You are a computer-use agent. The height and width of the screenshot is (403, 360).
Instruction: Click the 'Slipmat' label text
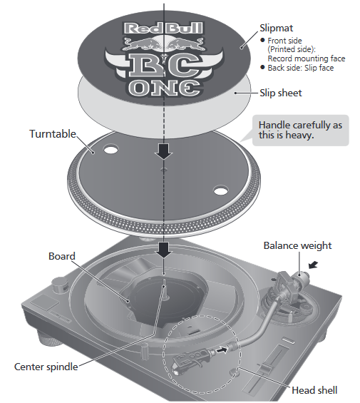click(276, 28)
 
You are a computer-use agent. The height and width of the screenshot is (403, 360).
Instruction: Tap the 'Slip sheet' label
click(281, 93)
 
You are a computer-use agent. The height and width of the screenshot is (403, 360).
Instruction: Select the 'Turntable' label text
click(53, 134)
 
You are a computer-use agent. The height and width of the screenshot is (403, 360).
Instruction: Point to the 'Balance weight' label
click(297, 245)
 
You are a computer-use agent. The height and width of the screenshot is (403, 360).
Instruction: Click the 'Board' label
click(62, 256)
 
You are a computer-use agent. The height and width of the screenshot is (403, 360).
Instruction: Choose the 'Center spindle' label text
click(46, 367)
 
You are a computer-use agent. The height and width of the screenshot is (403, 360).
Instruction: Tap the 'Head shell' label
click(314, 390)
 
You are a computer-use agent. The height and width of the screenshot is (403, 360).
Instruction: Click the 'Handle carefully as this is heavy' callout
click(301, 131)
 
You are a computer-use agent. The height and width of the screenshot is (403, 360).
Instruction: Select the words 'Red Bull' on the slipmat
click(163, 29)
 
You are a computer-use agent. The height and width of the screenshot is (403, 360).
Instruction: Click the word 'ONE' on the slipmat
click(164, 88)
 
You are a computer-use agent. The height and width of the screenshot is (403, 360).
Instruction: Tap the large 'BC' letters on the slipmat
click(164, 65)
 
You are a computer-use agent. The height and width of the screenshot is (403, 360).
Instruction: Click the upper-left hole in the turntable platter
click(110, 149)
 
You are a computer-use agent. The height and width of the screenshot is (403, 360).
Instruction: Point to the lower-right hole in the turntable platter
click(221, 190)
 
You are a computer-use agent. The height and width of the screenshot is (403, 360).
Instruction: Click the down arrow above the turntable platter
click(163, 151)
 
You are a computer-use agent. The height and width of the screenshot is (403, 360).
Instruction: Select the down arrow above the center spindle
click(163, 250)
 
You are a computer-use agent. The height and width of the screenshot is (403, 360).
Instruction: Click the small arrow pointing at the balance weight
click(313, 265)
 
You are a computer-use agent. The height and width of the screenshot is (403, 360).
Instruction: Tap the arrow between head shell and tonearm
click(222, 350)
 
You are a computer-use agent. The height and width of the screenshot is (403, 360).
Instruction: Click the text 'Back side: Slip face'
click(301, 68)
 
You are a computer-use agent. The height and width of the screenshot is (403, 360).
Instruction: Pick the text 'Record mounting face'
click(307, 58)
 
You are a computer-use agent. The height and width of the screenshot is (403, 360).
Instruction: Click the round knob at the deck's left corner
click(59, 285)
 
